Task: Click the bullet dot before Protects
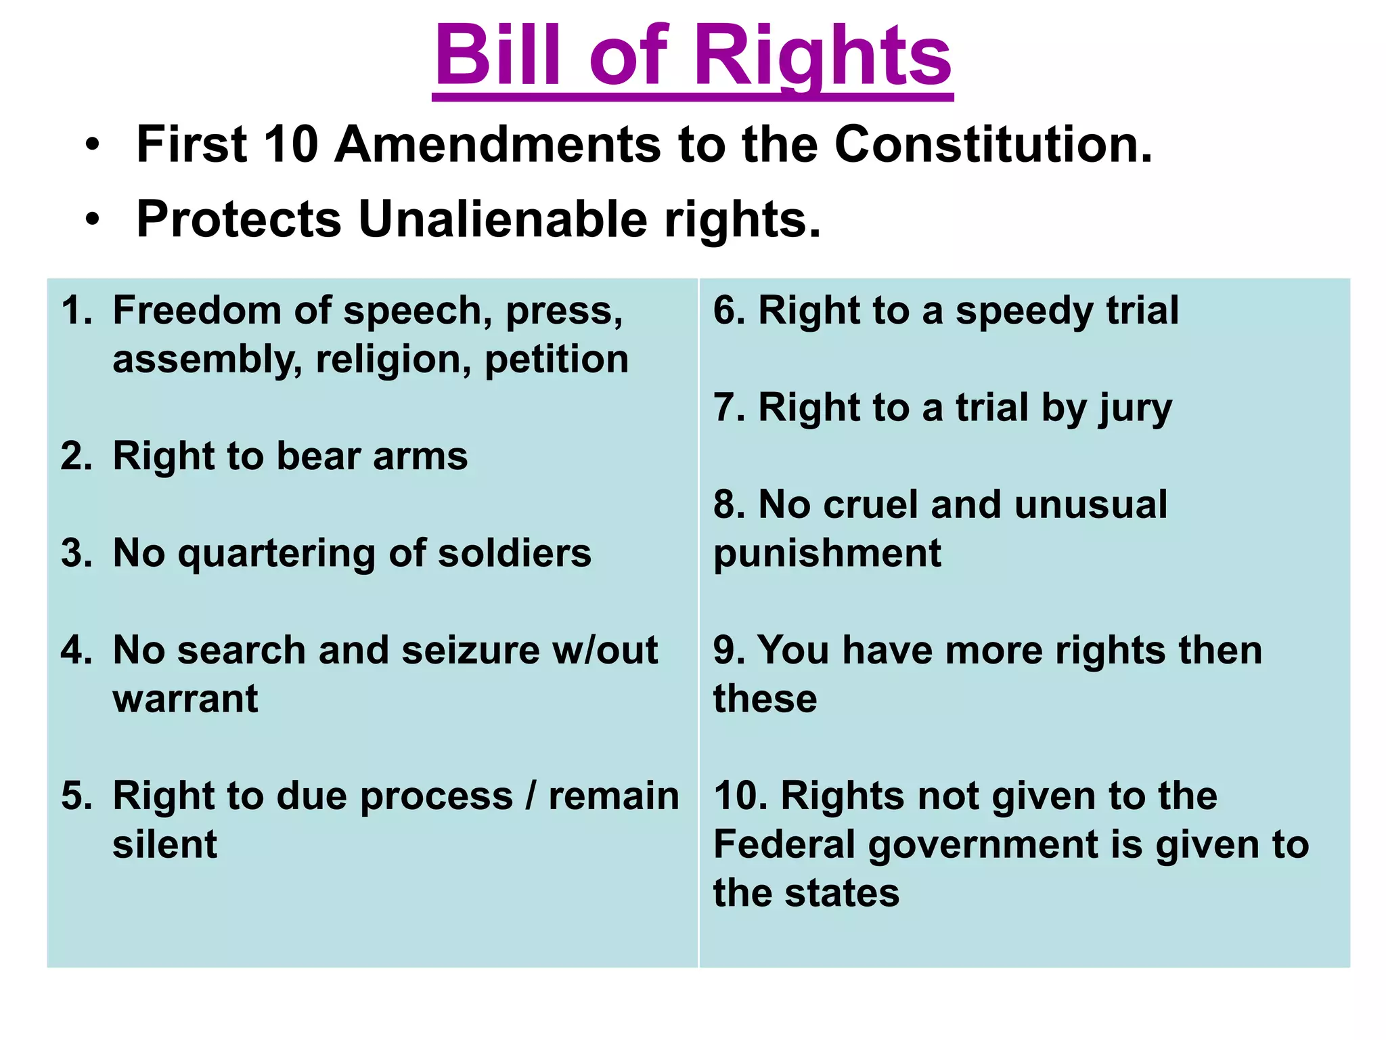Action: tap(93, 219)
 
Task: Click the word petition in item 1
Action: tap(556, 359)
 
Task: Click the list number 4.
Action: tap(75, 650)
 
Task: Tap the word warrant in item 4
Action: tap(185, 699)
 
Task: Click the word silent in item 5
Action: tap(164, 844)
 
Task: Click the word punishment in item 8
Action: tap(827, 554)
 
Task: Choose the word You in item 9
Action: tap(792, 650)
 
